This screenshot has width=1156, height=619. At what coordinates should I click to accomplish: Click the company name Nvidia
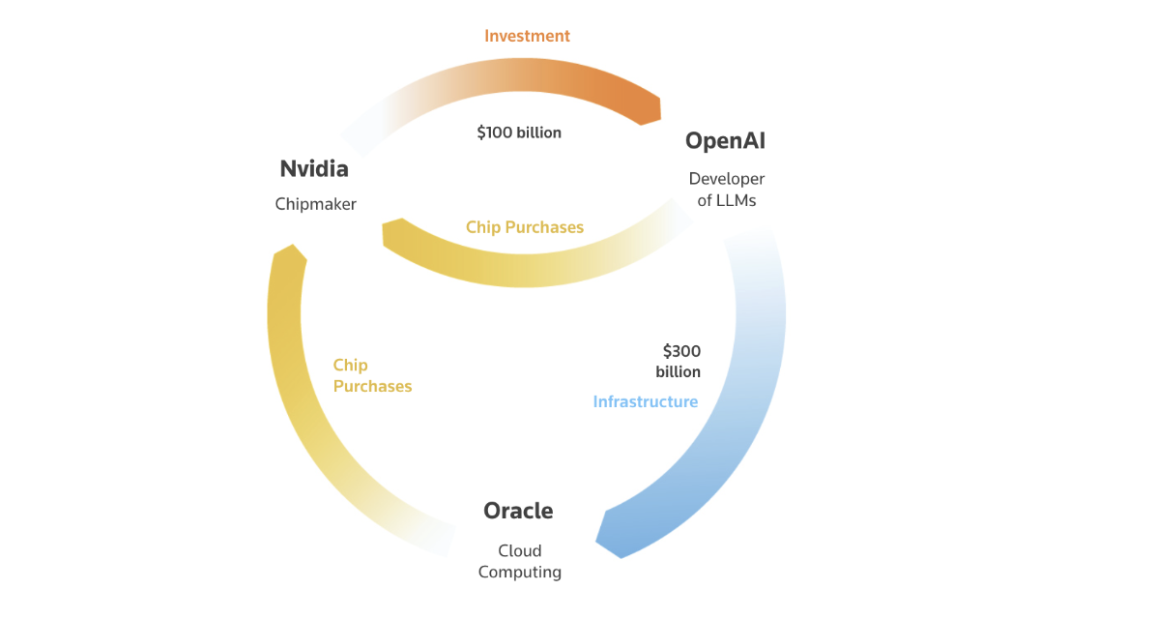313,169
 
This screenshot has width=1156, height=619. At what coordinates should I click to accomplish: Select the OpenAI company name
725,141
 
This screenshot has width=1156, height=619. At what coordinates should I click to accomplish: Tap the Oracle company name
518,511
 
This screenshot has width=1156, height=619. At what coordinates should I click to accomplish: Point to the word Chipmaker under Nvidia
315,204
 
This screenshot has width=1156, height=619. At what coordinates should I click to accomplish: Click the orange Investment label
527,36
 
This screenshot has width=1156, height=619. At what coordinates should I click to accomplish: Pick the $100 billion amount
519,133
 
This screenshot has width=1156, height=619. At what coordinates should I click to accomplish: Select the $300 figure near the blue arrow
681,351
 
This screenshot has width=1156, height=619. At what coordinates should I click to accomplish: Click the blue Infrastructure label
645,401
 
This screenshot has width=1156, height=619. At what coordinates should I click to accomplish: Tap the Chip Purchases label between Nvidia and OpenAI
525,227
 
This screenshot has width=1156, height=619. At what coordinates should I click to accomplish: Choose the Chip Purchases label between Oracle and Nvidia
372,375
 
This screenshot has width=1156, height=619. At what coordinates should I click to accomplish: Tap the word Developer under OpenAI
726,179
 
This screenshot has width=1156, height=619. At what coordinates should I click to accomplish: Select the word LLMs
738,201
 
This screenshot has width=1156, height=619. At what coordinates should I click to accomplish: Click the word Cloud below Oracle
519,551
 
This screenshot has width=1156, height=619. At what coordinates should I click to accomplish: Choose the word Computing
519,572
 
